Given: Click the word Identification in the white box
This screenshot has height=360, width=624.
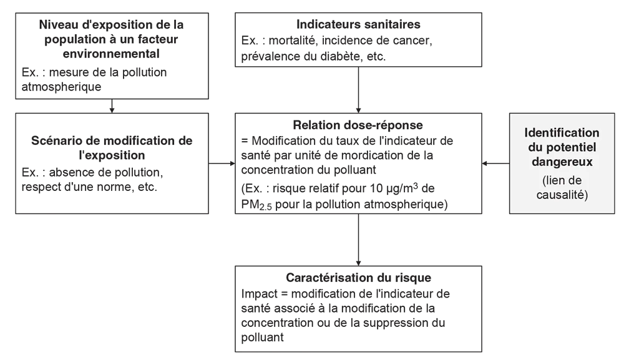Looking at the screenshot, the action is tap(562, 133).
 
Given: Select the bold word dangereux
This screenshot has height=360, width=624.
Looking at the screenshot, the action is tap(562, 161).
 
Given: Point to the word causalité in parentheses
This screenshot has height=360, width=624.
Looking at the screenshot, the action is tap(562, 194).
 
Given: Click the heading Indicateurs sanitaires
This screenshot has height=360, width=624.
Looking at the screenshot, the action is tap(358, 25).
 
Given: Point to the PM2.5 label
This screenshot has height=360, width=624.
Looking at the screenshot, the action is tap(252, 204).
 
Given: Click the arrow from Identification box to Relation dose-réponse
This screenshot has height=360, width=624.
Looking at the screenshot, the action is tap(497, 163).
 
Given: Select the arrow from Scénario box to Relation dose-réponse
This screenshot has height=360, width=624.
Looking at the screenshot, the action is tap(222, 164).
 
